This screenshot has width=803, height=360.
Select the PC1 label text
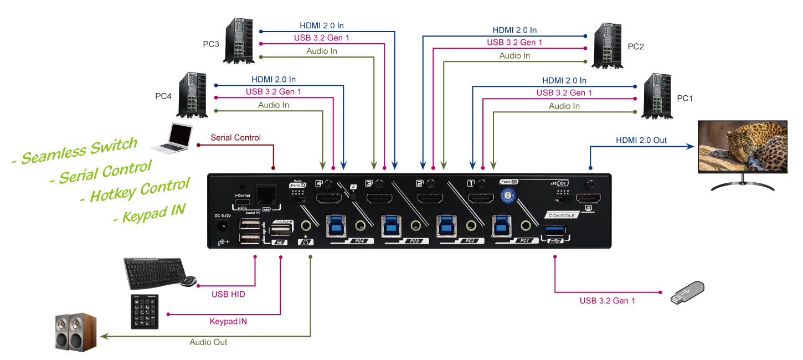click(x=685, y=98)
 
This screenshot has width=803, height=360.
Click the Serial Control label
click(x=235, y=137)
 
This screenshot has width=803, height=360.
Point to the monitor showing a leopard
click(x=742, y=147)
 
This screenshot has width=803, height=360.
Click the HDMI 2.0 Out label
click(x=641, y=140)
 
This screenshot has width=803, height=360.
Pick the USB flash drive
click(x=687, y=292)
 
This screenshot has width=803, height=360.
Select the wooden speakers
click(x=76, y=331)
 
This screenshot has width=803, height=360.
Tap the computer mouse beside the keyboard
click(x=188, y=281)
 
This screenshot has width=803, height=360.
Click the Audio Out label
click(x=208, y=342)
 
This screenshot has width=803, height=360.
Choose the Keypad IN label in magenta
click(x=228, y=321)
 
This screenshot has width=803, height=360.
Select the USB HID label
click(x=228, y=294)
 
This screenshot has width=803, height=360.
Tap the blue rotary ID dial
click(x=506, y=196)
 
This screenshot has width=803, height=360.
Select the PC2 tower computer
click(x=608, y=45)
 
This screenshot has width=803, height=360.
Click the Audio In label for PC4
click(x=274, y=105)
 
